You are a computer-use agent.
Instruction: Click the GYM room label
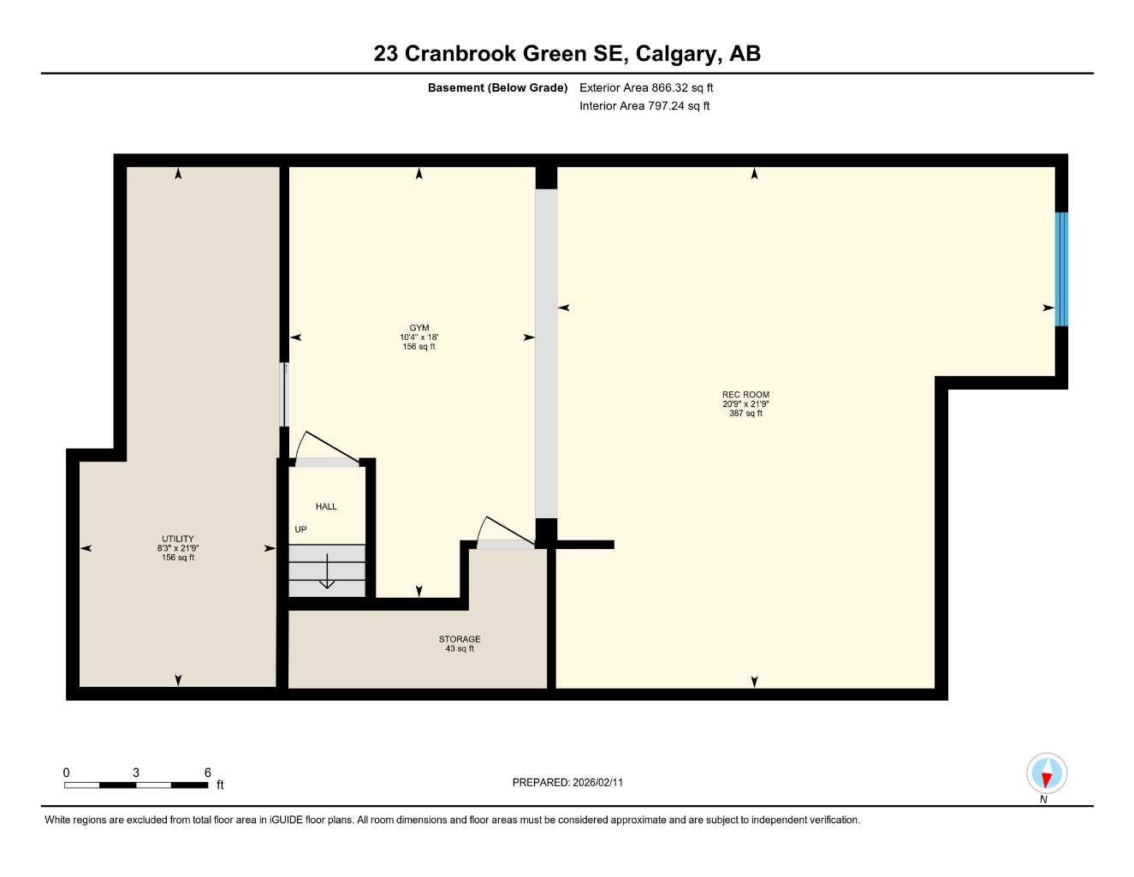pos(419,328)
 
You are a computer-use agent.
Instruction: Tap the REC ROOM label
pos(745,395)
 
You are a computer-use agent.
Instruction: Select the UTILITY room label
pos(178,539)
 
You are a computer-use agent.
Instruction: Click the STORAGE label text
pos(460,639)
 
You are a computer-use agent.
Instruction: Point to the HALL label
pos(326,507)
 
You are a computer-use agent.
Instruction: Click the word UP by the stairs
pos(300,529)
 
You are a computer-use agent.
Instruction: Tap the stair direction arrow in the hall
pos(327,573)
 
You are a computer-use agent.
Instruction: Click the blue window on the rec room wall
pos(1061,269)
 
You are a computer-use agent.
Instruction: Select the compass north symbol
pos(1046,775)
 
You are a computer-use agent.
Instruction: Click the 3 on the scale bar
pos(136,773)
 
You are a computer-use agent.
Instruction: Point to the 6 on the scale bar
pos(207,773)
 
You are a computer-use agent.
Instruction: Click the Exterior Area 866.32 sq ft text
pos(646,87)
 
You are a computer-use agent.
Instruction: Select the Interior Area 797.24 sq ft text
pos(644,106)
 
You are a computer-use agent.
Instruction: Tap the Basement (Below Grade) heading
pos(497,87)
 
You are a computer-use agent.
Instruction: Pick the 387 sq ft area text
pos(745,414)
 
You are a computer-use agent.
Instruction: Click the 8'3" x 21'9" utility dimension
pos(178,548)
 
